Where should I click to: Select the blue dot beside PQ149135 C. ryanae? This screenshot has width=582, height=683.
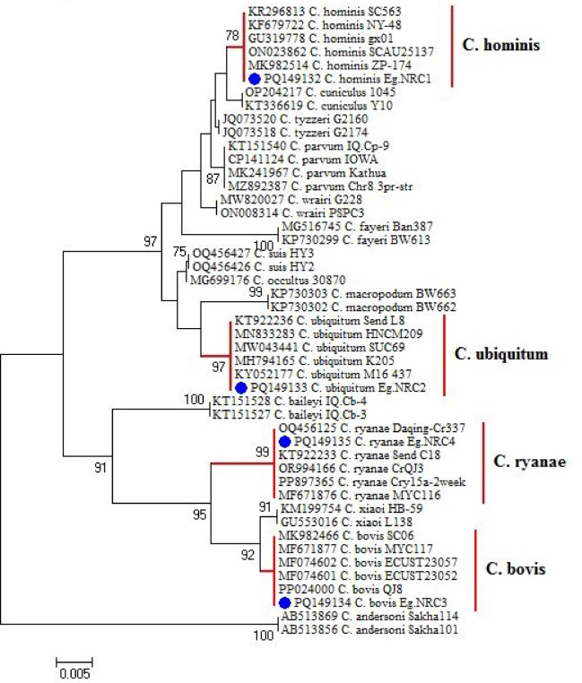pos(284,442)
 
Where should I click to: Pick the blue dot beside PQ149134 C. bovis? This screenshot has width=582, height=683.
pos(284,602)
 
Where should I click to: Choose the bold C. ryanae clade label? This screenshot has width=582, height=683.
pos(527,462)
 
